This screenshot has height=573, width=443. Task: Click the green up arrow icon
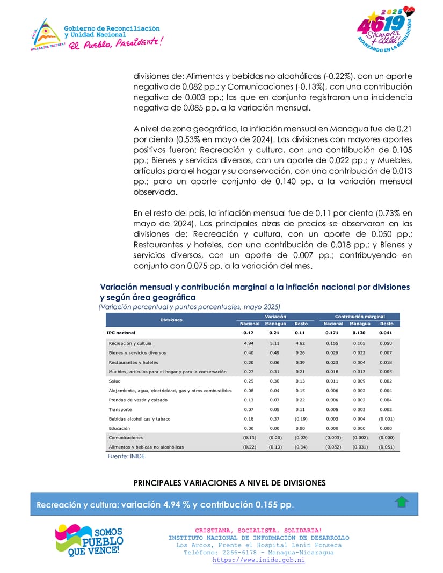coord(402,502)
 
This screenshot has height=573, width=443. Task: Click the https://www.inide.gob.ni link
coord(258,560)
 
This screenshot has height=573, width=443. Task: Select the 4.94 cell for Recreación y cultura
coord(248,343)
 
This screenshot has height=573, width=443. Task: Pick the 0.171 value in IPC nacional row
coord(333,333)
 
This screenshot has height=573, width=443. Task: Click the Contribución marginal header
coord(360,317)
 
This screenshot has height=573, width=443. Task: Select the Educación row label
coord(119,428)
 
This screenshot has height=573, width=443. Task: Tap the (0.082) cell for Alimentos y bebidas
coord(333,447)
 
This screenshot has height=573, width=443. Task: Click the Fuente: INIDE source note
coord(127,456)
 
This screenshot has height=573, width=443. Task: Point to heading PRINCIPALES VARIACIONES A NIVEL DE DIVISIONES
coord(229,483)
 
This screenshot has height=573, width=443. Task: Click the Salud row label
coord(114,381)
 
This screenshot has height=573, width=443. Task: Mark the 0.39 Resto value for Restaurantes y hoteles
coord(300,362)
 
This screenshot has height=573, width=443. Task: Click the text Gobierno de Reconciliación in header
coord(112,28)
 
